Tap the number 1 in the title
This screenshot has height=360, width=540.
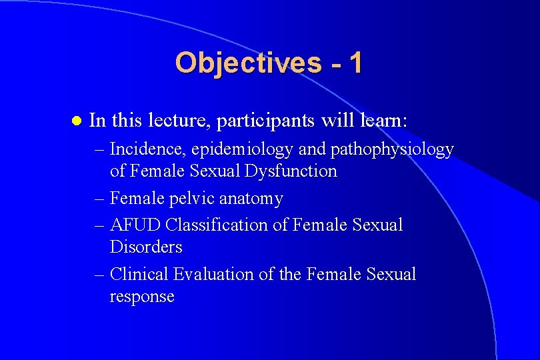pos(355,63)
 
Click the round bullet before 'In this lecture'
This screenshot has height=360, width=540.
pos(75,121)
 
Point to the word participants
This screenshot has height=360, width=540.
pos(271,121)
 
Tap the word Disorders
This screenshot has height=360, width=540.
pos(146,247)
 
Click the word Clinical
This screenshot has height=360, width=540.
pos(139,274)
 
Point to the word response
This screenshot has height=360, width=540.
pos(142,297)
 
